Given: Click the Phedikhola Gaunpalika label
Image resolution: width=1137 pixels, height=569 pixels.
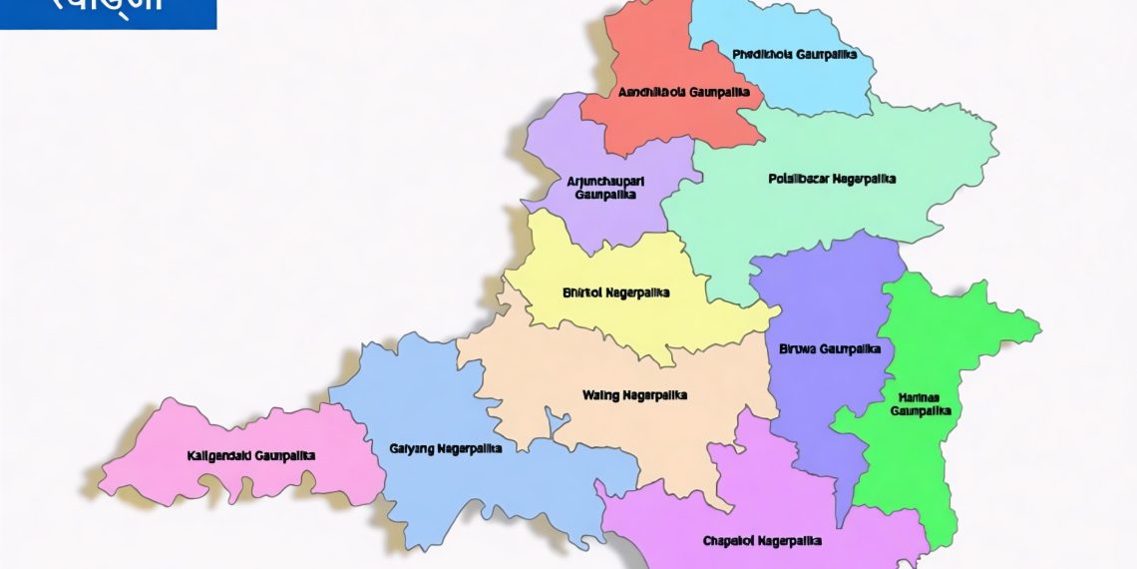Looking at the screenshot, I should [x=794, y=55].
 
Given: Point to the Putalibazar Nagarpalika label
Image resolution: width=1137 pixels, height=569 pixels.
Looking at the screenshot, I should [x=832, y=180].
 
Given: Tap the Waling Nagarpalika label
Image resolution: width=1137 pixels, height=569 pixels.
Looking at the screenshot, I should [x=634, y=395].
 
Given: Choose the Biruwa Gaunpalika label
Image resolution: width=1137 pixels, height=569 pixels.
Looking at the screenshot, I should [x=829, y=349].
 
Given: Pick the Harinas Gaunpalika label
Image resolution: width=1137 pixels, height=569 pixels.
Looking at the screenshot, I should [x=921, y=403].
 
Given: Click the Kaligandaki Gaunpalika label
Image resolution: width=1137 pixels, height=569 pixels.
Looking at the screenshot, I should [x=251, y=455].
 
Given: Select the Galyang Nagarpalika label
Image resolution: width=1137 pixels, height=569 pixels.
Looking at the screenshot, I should [x=445, y=449].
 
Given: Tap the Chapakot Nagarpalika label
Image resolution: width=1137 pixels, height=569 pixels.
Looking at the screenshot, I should [x=762, y=541].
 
